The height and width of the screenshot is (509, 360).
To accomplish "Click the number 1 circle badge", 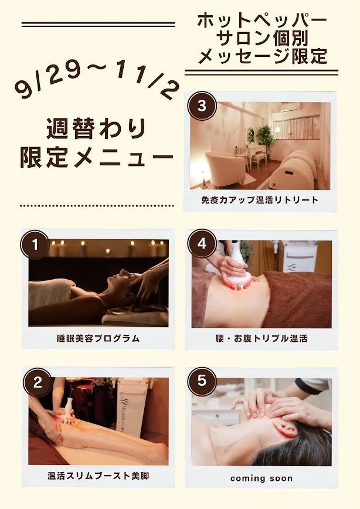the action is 35,245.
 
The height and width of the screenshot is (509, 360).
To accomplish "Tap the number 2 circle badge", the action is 38,382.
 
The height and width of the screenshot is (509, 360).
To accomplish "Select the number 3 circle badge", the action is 202,106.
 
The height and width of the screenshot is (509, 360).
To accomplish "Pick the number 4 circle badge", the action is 202,244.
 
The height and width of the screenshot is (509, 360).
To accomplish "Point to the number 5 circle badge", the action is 202,381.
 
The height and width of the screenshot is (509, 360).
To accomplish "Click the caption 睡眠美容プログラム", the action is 98,338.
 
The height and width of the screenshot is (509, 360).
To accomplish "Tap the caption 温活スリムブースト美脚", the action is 98,476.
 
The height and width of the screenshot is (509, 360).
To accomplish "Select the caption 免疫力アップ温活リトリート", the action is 260,199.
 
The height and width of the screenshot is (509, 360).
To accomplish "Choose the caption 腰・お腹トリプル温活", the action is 261,338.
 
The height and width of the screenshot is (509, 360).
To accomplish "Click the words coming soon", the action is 261,478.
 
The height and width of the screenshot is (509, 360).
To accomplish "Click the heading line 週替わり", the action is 96,128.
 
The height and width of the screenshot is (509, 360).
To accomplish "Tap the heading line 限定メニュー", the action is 97,157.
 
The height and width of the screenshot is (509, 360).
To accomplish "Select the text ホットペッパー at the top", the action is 262,21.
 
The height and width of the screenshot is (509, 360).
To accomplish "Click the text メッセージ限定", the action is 262,56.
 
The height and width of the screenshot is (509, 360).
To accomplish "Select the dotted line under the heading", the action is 97,205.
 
